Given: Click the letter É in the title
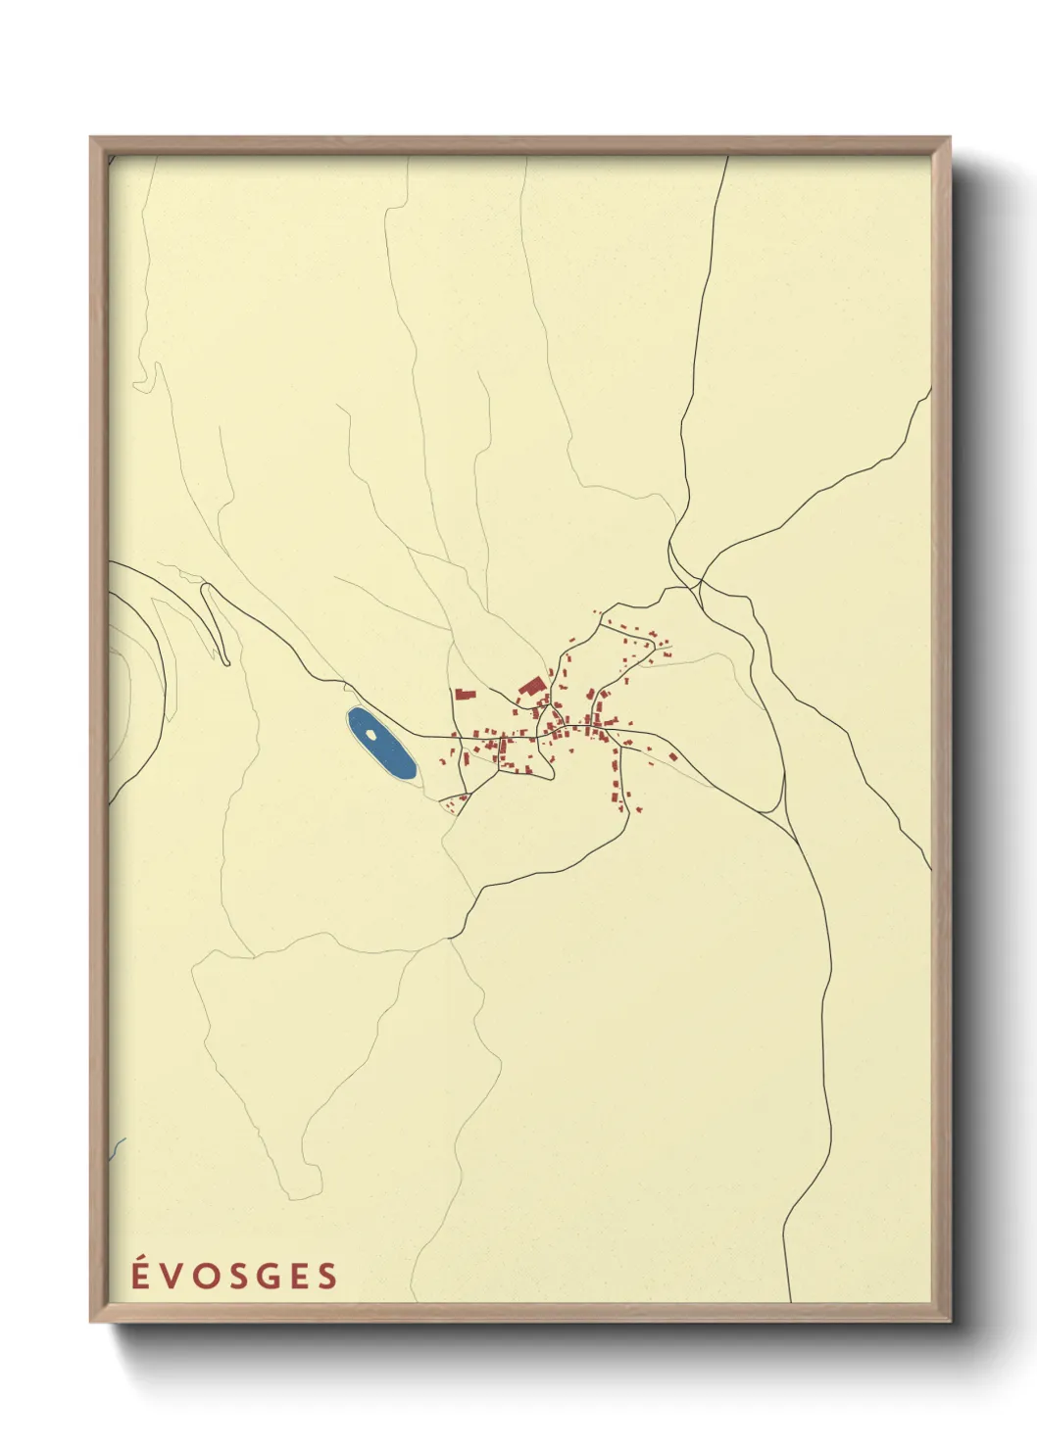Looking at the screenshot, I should coord(141,1276).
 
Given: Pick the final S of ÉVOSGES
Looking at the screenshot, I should coord(326,1277).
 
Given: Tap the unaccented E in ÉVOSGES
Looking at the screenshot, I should coord(297,1277).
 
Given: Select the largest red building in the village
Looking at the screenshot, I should coord(532,686).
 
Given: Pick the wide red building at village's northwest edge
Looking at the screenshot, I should coord(465,695).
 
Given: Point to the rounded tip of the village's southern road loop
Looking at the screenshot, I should coord(552,774).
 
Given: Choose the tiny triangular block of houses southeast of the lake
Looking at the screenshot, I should coord(453,803).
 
